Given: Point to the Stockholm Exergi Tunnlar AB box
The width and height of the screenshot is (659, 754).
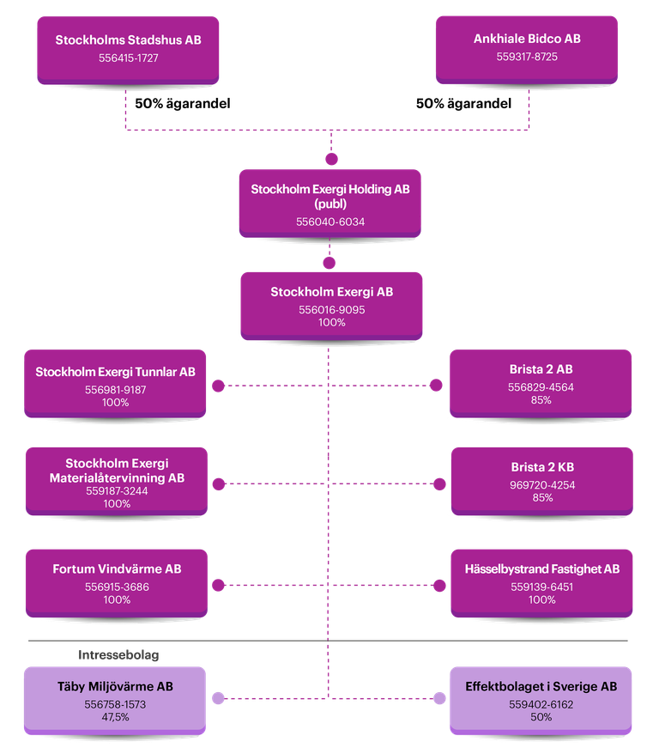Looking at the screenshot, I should [116, 385].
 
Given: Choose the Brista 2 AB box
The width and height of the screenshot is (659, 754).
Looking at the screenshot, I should [541, 382].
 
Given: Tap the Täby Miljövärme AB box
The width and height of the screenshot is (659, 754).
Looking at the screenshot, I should [116, 699].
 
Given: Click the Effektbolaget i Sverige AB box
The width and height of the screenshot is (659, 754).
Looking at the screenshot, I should [541, 699].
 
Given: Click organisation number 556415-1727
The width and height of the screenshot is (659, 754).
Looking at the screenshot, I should [129, 58].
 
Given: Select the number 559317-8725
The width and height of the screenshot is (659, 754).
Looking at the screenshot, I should [527, 58].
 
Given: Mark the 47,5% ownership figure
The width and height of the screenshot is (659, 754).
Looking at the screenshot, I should [115, 716].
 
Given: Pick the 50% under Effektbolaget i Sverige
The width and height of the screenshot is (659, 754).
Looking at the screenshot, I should [541, 716].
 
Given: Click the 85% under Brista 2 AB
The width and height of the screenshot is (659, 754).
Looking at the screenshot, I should [541, 399].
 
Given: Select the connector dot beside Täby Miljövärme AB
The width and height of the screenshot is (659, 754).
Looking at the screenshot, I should [219, 698].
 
